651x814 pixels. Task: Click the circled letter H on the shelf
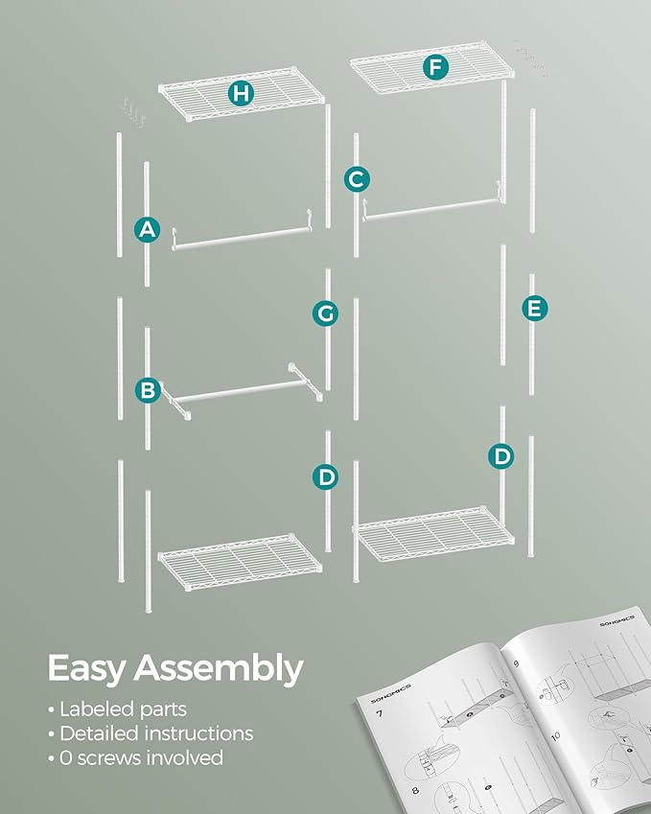(241, 93)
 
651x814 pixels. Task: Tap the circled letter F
(437, 67)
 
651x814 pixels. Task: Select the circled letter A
(147, 229)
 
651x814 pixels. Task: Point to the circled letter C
(356, 178)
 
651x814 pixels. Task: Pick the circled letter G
(326, 313)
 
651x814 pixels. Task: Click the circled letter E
(534, 308)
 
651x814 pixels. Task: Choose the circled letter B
(148, 389)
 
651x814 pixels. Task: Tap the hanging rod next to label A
(240, 235)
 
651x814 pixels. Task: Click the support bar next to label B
(240, 392)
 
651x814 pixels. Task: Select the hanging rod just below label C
(431, 209)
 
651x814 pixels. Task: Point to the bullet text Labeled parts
(123, 709)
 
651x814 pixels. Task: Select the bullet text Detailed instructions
(155, 733)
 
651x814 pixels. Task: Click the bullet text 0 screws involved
(141, 757)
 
